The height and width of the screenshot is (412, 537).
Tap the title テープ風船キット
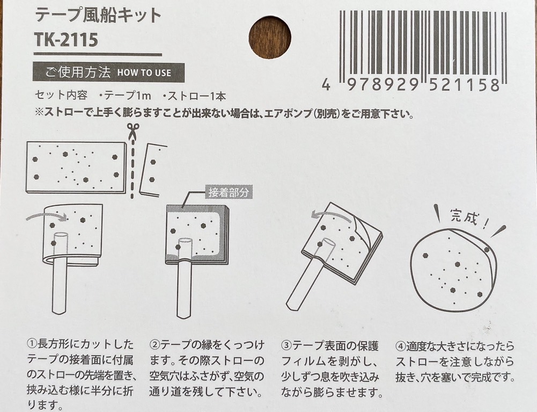pos(98,15)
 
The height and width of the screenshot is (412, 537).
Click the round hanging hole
pos(269,37)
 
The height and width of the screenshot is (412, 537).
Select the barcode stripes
pos(422,44)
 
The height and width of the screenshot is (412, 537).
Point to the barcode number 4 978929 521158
pos(411,85)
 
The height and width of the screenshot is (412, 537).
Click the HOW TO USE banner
pos(108,73)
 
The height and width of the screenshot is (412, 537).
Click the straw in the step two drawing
pos(184,279)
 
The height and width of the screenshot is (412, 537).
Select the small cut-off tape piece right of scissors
pos(153,169)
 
